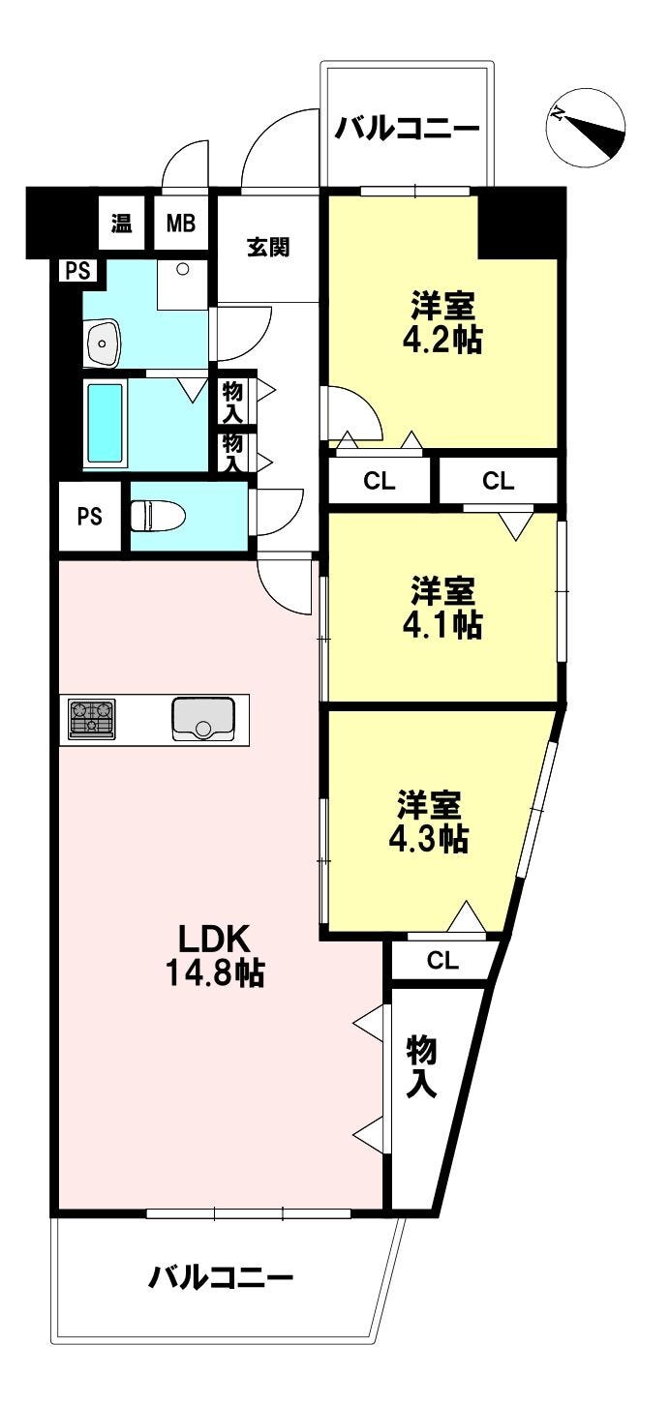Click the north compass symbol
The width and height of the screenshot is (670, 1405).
[x=586, y=132]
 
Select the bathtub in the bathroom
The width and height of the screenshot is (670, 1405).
[x=106, y=423]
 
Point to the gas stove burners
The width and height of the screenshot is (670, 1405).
[x=91, y=719]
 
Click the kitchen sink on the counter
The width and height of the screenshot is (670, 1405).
[x=203, y=718]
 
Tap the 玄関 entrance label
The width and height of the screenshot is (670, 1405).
[x=267, y=248]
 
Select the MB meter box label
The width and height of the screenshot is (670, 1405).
[x=180, y=224]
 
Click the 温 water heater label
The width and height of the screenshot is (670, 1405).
[x=122, y=224]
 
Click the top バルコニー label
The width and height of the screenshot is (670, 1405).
[x=408, y=129]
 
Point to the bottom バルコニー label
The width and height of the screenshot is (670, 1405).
[x=221, y=1279]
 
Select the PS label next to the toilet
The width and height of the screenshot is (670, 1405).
[x=89, y=516]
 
